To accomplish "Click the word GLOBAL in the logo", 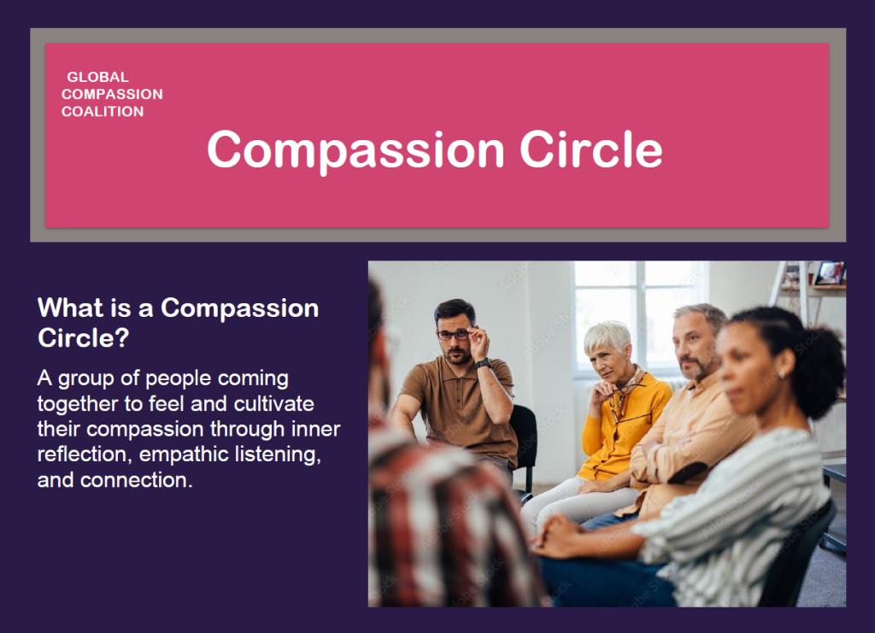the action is point(97,77).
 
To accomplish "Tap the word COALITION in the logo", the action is point(103,112).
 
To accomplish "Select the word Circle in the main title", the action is point(591,149).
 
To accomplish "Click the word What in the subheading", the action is point(70,308).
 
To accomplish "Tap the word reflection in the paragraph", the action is point(85,454).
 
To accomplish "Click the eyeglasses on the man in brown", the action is point(453,335).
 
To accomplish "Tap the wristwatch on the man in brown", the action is point(484,364).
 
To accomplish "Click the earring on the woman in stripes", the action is point(781,373).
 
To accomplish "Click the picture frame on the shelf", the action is point(829,273).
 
